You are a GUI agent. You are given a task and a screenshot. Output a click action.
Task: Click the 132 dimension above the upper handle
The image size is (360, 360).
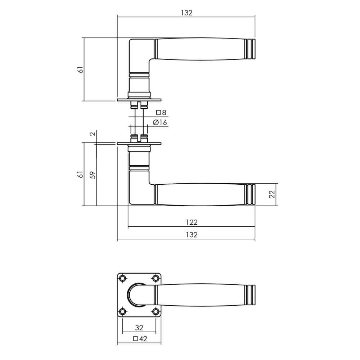click(186, 13)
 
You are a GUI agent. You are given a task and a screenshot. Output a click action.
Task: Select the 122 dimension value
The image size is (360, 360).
click(192, 222)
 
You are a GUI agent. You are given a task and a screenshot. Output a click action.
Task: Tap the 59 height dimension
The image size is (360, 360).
click(93, 175)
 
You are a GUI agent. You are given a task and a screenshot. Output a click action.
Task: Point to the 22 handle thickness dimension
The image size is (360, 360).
click(272, 195)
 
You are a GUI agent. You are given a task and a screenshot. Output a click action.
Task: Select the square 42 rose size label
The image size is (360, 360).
click(140, 339)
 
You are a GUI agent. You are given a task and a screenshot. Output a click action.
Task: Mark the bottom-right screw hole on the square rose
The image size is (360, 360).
click(156, 311)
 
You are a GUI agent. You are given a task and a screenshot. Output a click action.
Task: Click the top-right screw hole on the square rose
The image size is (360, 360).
click(156, 278)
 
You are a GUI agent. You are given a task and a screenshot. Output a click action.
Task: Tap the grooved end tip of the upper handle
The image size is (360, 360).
click(251, 48)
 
